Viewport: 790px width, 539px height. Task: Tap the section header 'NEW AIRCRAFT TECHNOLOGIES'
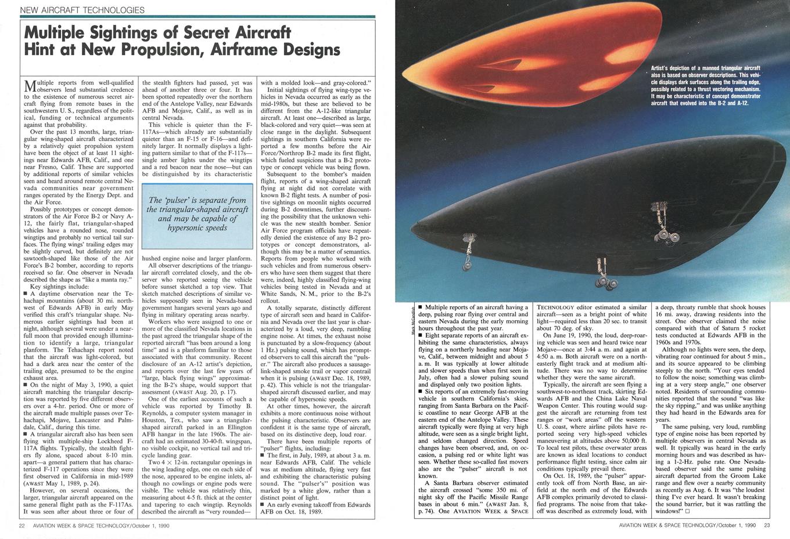click(x=82, y=10)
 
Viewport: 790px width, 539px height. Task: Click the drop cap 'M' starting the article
click(x=33, y=86)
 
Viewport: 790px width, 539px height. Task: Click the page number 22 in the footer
click(x=21, y=526)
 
